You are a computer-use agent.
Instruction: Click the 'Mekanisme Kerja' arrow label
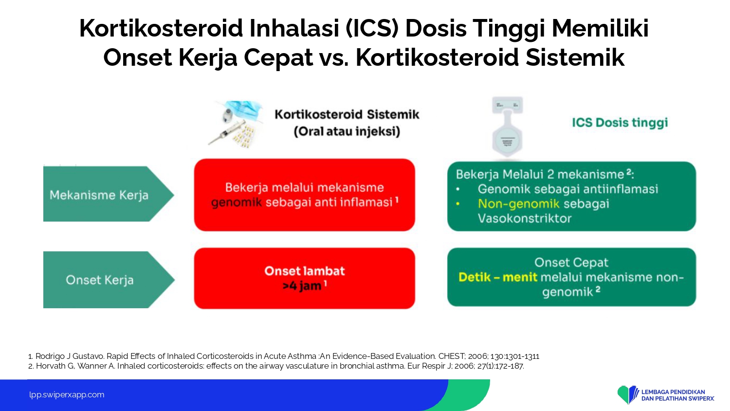click(99, 195)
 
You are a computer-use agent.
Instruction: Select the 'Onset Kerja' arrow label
click(99, 280)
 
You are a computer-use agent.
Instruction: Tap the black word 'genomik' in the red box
click(236, 203)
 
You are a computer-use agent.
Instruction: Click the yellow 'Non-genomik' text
click(518, 204)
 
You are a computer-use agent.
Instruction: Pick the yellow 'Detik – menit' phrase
click(497, 277)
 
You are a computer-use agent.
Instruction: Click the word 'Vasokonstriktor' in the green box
click(524, 218)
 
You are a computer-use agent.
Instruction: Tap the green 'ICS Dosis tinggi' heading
click(620, 123)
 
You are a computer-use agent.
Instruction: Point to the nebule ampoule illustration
click(508, 127)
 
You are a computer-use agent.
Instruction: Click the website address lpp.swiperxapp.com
click(67, 395)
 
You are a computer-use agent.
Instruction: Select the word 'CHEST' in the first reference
click(451, 356)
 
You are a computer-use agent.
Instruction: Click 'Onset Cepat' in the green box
click(571, 262)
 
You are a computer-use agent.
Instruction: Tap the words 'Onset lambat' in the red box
click(304, 271)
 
